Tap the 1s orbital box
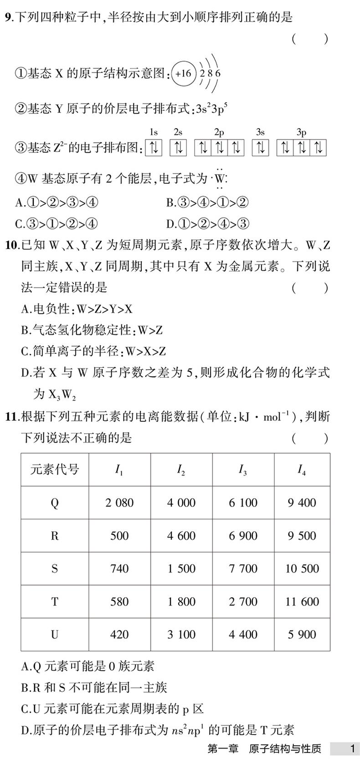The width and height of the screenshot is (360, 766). (x=154, y=148)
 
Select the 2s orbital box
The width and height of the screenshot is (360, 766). (x=178, y=148)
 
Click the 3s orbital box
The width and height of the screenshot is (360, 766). (x=260, y=148)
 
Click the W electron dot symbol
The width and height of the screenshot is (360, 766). (x=220, y=179)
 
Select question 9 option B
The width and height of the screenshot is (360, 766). (x=207, y=202)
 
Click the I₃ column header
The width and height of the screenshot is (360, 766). (x=243, y=470)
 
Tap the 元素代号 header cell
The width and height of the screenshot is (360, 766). (x=55, y=470)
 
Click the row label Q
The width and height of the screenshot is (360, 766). (x=55, y=503)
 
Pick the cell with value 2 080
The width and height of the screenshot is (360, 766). (x=119, y=503)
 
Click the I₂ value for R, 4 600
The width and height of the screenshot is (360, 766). (x=181, y=536)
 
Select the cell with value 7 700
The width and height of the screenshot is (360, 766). (x=243, y=569)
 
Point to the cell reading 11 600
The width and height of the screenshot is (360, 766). (x=302, y=601)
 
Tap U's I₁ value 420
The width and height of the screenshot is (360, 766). (x=119, y=634)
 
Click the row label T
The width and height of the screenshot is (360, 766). (x=55, y=601)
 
